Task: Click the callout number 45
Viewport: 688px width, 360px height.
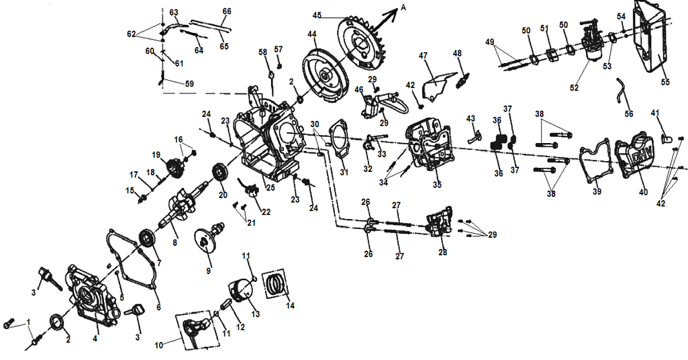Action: [x=317, y=15]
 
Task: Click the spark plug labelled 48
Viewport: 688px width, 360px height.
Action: [x=460, y=79]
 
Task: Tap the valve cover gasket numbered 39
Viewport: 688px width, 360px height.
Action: [x=594, y=161]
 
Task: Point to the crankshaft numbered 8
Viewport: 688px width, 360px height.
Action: [x=178, y=209]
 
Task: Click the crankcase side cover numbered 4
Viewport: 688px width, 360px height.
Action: [x=90, y=297]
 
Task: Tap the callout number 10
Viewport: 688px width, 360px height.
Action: [x=158, y=345]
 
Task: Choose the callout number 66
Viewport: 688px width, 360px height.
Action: [x=226, y=12]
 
